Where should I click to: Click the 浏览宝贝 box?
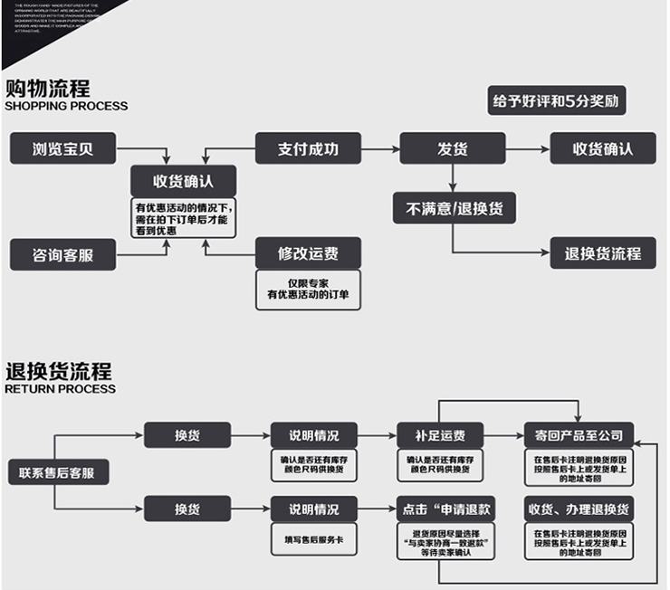tap(62, 148)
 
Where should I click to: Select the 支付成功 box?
tap(307, 148)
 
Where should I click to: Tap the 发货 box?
tap(452, 148)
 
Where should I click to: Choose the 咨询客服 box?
tap(62, 254)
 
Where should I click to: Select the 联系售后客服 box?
tap(58, 471)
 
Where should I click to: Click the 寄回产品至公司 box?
tap(579, 435)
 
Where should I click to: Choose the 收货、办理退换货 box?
tap(579, 508)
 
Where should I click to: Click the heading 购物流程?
tap(48, 89)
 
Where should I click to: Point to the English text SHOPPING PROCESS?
tap(66, 106)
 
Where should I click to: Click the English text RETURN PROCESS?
tap(60, 389)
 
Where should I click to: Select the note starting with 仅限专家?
tap(307, 290)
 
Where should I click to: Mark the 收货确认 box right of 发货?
tap(603, 148)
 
